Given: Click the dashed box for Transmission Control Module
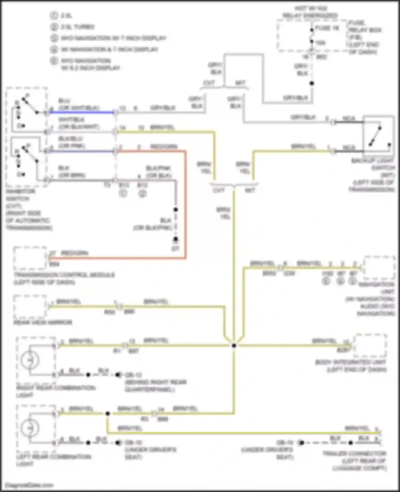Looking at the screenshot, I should point(30,258).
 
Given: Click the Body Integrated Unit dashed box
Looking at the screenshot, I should point(370,346).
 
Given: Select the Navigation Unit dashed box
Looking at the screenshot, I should point(379,268).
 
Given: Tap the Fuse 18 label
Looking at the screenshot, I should point(327,28).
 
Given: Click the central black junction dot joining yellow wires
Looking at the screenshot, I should point(234,346).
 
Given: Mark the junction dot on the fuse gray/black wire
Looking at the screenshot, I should point(311,83).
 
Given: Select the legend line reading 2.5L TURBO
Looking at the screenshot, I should point(77,27).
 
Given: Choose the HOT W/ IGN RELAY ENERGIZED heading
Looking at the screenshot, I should point(311,12).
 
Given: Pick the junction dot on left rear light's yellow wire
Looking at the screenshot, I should point(107,414).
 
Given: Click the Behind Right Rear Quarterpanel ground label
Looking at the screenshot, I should point(155,386).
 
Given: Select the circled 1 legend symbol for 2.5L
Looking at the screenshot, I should point(54,15).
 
